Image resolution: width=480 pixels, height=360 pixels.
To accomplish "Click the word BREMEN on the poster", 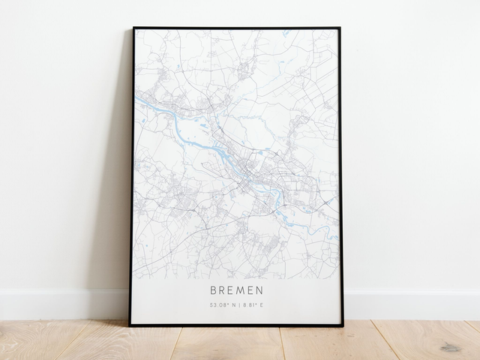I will click(x=237, y=288).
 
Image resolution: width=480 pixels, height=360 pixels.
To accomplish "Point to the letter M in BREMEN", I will click(x=242, y=288).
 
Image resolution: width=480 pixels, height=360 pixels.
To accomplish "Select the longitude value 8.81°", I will click(x=253, y=304).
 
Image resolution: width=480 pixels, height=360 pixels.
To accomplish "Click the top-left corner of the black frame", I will click(x=133, y=28).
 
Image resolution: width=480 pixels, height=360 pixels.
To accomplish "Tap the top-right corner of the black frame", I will click(x=340, y=28).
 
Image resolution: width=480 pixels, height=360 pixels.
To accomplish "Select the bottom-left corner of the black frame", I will click(x=130, y=325).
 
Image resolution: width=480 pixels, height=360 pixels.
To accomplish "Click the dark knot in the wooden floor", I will click(x=450, y=347).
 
